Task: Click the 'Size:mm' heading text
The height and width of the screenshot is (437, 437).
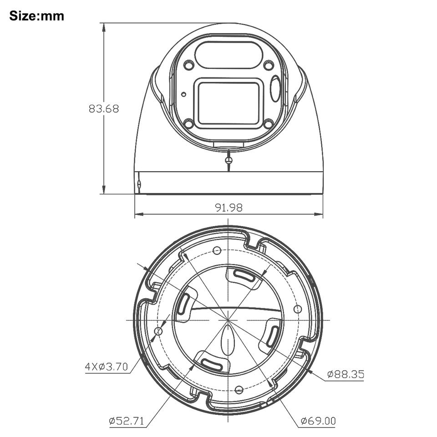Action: (x=36, y=16)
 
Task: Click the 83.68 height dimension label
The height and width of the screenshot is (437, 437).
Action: (x=104, y=108)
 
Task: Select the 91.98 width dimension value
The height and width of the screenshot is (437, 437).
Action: (x=229, y=208)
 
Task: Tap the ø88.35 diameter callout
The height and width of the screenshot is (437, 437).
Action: (x=346, y=374)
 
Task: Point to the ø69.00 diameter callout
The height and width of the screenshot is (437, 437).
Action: (x=318, y=421)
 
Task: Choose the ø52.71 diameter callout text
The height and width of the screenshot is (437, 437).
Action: (x=127, y=421)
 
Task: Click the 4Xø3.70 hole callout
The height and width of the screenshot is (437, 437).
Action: (x=106, y=366)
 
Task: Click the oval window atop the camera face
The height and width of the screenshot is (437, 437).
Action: (x=229, y=55)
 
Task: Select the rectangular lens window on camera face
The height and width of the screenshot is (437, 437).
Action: (x=229, y=103)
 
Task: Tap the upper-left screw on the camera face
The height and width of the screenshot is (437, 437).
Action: (x=189, y=66)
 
